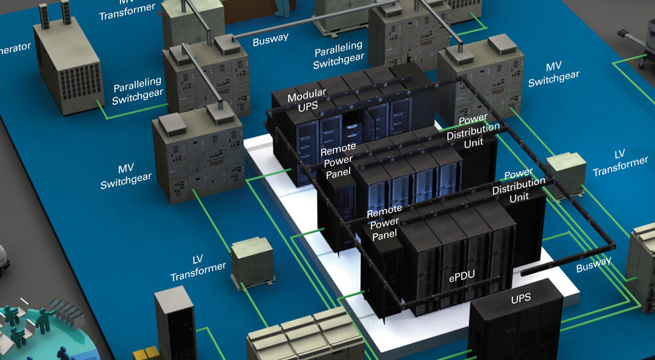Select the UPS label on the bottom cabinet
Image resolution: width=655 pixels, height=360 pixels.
tap(521, 299)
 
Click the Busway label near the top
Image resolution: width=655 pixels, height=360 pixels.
tap(271, 39)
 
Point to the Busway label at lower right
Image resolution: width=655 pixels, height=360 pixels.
tap(593, 264)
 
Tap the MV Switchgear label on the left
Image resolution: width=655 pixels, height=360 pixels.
tap(126, 177)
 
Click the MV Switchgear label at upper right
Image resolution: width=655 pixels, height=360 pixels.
tap(553, 75)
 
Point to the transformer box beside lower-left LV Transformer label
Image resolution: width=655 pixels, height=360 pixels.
tap(252, 261)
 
